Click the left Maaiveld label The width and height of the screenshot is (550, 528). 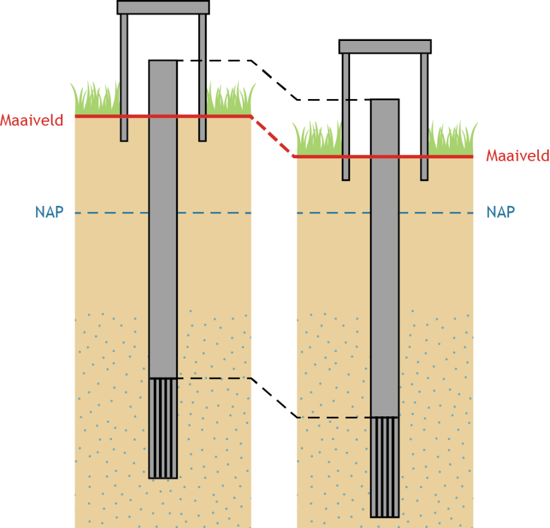pos(32,120)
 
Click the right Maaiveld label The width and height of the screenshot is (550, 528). pos(518,156)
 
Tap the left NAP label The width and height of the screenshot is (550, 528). pos(49,213)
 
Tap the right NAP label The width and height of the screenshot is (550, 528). pos(501,212)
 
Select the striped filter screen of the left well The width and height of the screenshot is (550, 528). pos(163,428)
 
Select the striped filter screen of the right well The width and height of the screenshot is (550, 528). pos(385,467)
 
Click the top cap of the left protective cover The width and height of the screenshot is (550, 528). pos(163,7)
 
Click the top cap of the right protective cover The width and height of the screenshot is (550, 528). pos(385,46)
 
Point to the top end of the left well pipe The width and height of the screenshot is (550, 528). pos(163,62)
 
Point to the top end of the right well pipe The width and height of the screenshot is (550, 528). pos(385,101)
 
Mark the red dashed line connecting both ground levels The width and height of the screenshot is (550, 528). pos(273,136)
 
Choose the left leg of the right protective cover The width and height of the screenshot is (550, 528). pos(346,116)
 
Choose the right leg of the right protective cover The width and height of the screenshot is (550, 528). pos(424,116)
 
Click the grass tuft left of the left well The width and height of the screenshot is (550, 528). pos(95,100)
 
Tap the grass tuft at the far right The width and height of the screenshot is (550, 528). pos(452,141)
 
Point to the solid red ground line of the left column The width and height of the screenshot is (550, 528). pos(98,116)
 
